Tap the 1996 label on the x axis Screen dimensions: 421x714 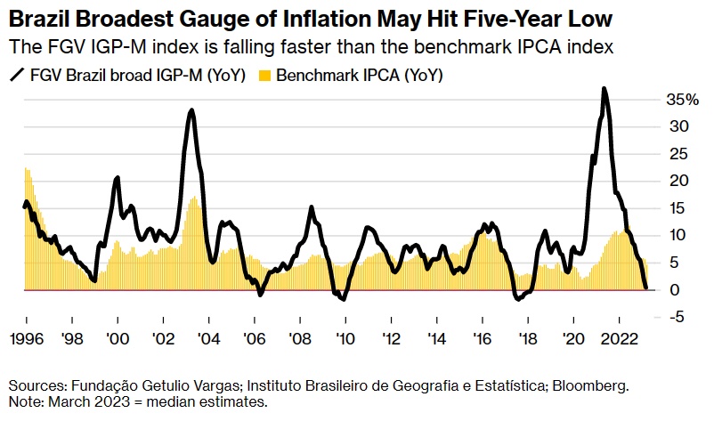[x=27, y=339]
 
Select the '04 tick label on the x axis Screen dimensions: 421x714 [x=208, y=339]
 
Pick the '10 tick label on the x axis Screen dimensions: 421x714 [x=345, y=339]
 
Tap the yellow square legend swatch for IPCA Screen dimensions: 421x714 [x=264, y=77]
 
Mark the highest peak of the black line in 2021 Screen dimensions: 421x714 [x=604, y=88]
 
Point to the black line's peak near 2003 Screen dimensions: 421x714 [x=191, y=109]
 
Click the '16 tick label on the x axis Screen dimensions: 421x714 [x=481, y=339]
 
